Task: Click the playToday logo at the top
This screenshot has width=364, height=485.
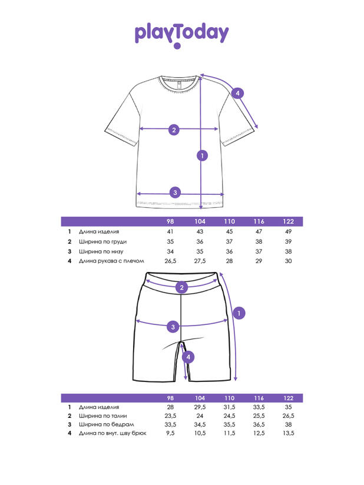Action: [x=181, y=35]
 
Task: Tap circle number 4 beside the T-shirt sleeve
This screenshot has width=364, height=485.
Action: [x=237, y=93]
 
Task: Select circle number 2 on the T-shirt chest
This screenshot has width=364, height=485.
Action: [x=174, y=129]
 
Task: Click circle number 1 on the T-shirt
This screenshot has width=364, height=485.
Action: [x=202, y=155]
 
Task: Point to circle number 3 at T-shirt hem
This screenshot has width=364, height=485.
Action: [x=175, y=192]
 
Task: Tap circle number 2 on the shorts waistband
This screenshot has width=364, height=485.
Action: [x=183, y=287]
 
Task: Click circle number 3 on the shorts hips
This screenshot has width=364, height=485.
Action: [x=173, y=327]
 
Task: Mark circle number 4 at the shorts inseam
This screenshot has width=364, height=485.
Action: [x=188, y=357]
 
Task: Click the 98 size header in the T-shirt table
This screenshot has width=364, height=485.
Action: [x=170, y=221]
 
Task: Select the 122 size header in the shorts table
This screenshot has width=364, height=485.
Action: [x=288, y=398]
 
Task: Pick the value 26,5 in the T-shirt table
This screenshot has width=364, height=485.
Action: [x=170, y=261]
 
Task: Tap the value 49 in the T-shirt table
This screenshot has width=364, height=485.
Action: [x=288, y=232]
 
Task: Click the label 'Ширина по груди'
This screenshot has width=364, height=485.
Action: [x=102, y=241]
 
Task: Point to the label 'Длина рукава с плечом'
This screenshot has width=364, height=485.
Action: [x=112, y=261]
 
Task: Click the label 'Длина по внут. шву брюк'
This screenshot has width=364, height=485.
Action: [x=112, y=434]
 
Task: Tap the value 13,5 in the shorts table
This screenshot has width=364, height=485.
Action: [x=288, y=434]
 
